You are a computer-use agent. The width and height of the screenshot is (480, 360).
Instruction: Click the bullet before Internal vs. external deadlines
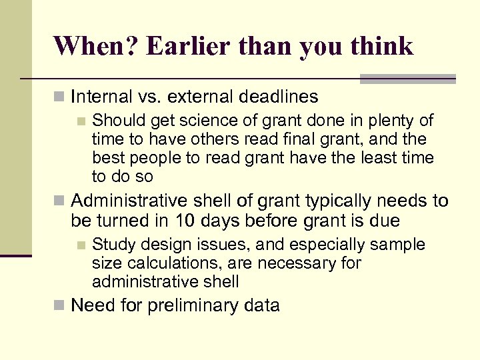[59, 97]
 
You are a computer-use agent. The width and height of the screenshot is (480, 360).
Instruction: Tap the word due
[385, 220]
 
